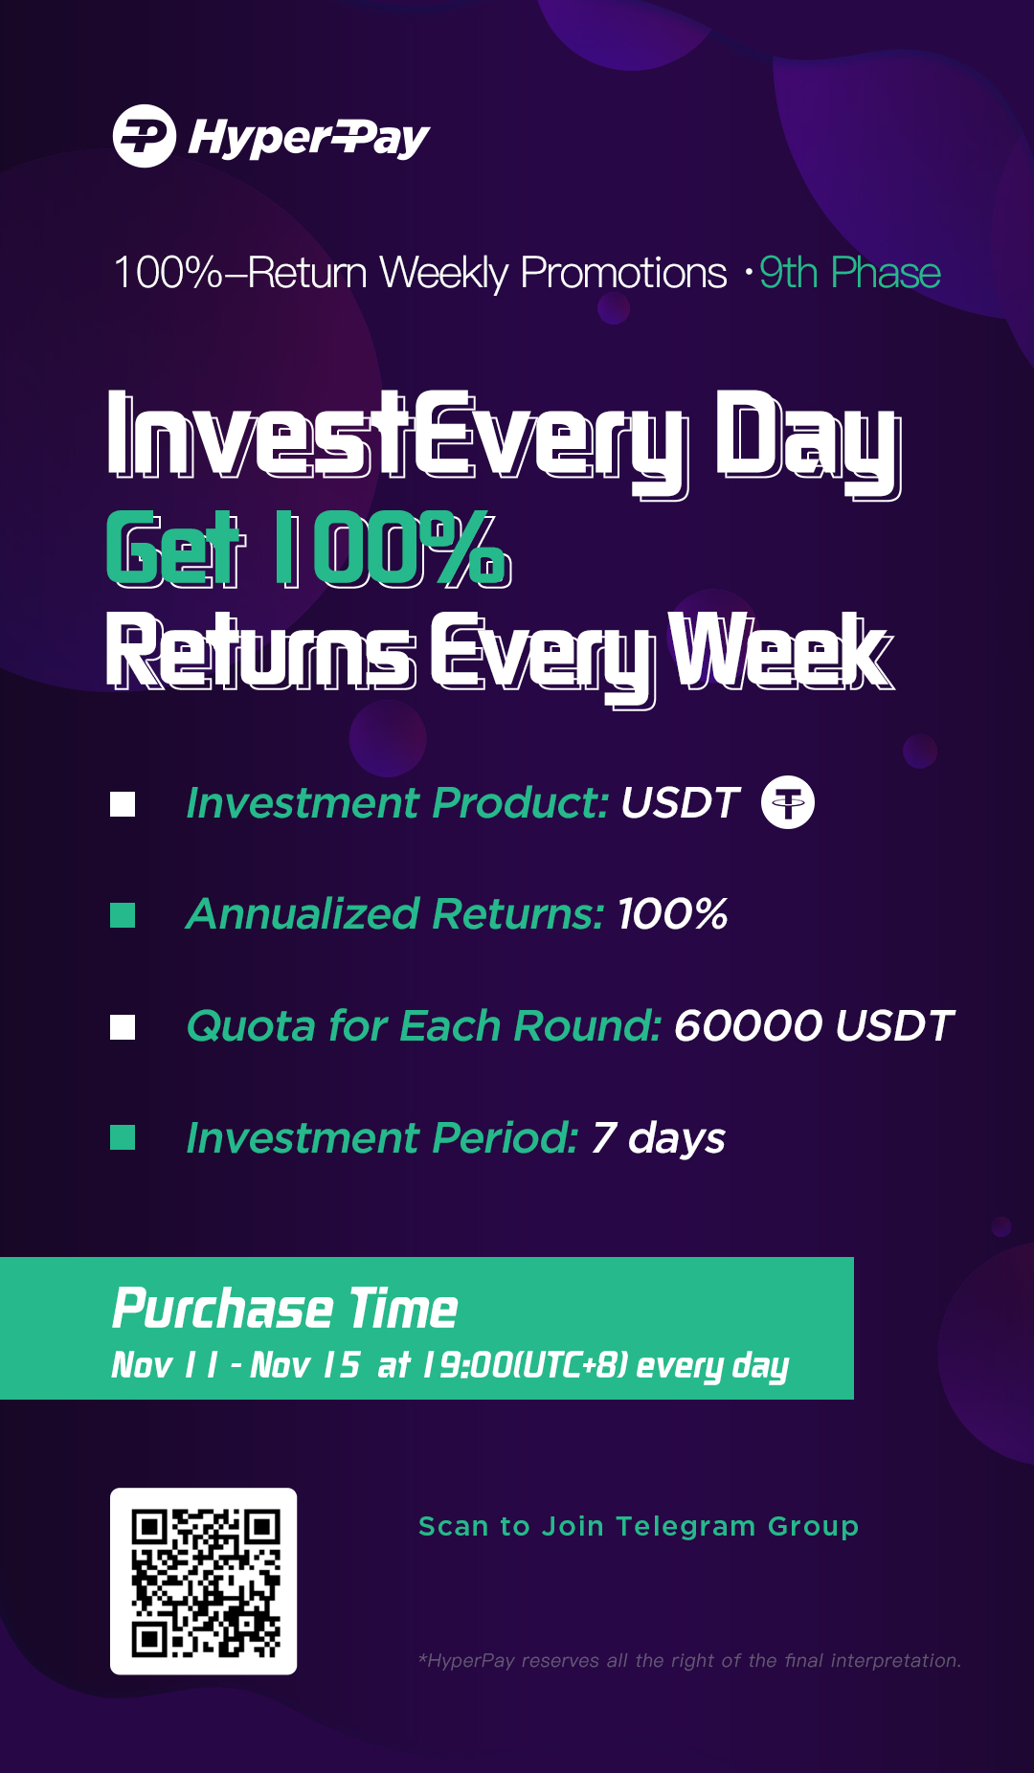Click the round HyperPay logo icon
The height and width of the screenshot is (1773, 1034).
[145, 136]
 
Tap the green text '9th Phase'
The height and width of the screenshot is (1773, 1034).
[849, 274]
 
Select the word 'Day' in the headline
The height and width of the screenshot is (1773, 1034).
[807, 441]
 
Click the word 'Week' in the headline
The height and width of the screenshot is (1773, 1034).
[780, 652]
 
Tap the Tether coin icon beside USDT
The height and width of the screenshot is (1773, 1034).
[788, 802]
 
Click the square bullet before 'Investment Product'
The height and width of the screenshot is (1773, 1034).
[123, 804]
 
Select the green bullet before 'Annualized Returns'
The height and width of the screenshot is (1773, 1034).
[123, 915]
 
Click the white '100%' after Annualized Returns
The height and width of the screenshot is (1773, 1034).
[672, 914]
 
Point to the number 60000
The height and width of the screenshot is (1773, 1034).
[748, 1026]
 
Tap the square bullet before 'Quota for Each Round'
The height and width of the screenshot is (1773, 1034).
[123, 1027]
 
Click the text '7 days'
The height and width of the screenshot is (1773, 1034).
[658, 1138]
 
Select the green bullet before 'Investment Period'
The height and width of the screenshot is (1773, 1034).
[123, 1137]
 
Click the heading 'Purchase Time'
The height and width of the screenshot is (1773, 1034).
[284, 1309]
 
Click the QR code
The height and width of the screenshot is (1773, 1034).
[203, 1581]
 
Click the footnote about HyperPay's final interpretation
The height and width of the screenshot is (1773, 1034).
[689, 1661]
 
